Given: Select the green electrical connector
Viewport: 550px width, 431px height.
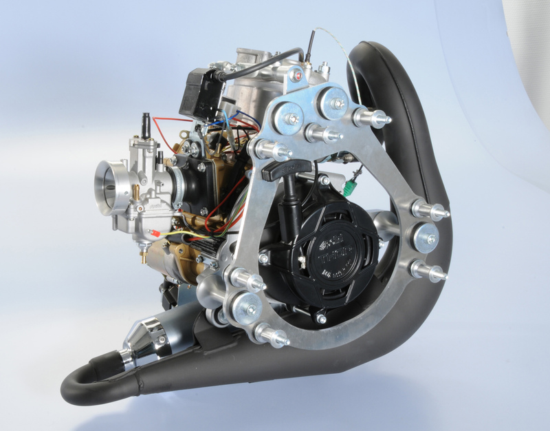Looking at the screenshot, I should coord(355,184).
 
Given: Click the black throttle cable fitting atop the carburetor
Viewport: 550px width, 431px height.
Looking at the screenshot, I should coord(146,125).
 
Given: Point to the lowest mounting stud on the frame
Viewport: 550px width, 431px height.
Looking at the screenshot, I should coord(272,335).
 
